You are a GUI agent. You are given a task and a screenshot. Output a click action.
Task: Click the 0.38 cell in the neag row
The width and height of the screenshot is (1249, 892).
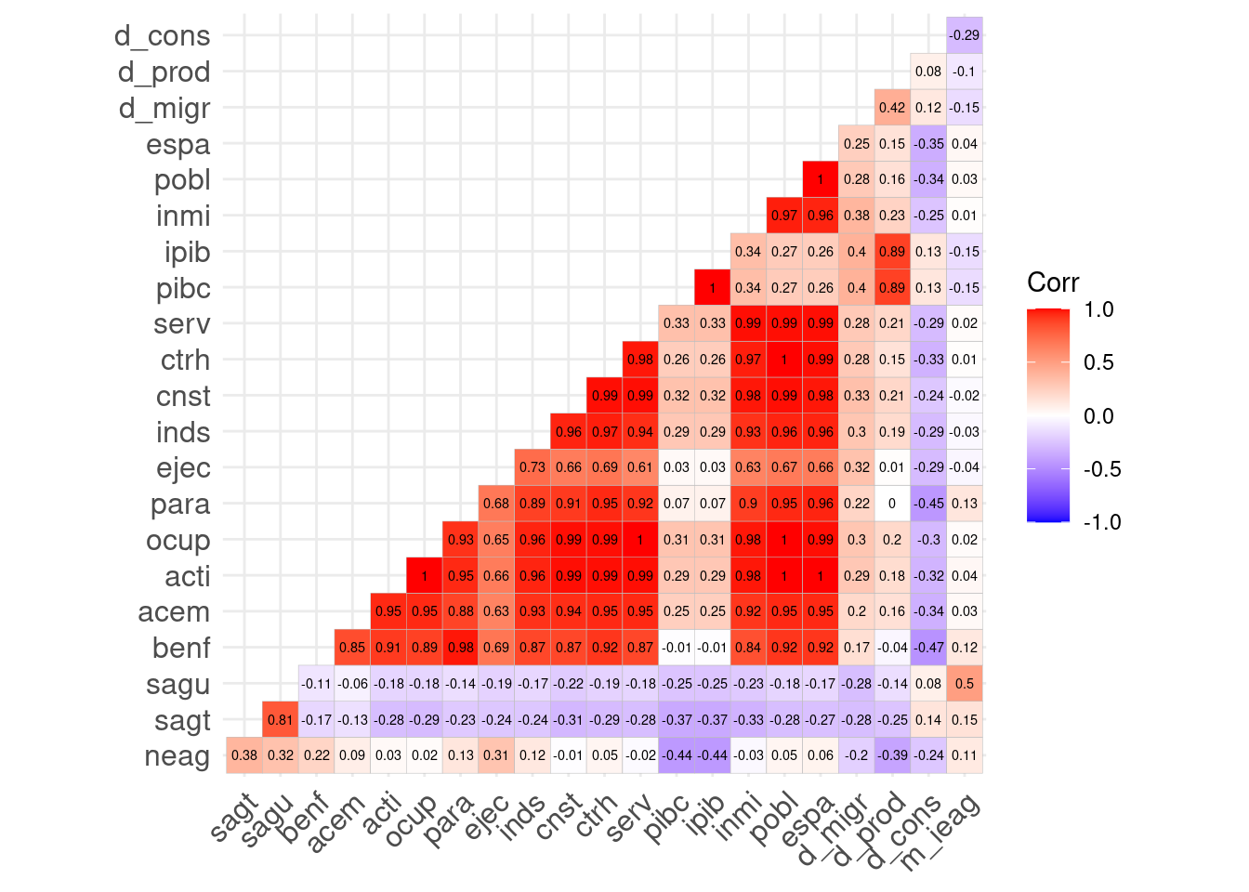point(244,755)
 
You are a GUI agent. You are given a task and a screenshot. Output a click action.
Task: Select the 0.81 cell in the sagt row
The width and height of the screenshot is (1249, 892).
point(281,719)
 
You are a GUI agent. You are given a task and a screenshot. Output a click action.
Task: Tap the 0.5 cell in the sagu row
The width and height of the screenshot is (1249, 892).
point(965,684)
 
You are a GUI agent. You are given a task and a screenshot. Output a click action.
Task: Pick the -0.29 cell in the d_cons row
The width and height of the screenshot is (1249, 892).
point(965,35)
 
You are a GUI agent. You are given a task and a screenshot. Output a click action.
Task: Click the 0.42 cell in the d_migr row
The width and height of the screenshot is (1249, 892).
point(892,108)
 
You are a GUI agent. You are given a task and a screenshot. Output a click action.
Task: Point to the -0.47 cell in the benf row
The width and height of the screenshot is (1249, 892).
point(928,648)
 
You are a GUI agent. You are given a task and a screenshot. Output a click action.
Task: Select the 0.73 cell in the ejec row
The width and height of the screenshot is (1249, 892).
point(532,467)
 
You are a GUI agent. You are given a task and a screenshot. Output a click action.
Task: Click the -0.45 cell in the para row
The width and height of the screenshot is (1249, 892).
point(928,504)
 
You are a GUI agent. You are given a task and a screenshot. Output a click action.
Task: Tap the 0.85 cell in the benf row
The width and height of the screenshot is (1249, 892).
point(352,648)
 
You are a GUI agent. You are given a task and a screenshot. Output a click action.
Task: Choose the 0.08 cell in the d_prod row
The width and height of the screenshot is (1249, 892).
point(928,72)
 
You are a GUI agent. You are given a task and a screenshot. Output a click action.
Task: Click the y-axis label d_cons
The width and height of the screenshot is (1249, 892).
point(163,36)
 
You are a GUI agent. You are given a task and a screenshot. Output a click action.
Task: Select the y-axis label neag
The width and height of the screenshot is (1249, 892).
point(177,756)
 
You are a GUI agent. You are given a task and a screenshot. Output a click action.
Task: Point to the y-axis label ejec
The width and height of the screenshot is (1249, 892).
point(183,468)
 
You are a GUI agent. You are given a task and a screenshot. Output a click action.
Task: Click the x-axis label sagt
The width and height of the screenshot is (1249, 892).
point(233,818)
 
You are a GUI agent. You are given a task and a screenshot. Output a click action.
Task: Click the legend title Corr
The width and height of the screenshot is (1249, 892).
point(1053,282)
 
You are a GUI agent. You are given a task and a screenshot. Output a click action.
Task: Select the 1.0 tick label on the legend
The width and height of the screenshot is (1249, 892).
point(1098,309)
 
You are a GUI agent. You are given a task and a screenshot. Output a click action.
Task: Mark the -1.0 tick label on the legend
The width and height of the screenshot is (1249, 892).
point(1102,522)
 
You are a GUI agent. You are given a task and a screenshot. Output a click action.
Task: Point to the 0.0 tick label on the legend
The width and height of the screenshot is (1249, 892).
point(1098,416)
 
